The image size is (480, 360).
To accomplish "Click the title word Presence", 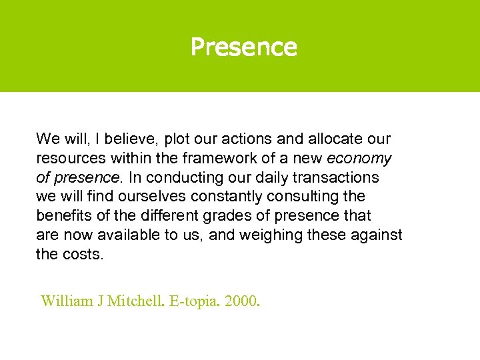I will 243,47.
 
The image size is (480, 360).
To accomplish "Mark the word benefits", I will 62,216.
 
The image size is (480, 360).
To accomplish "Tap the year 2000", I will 242,301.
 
